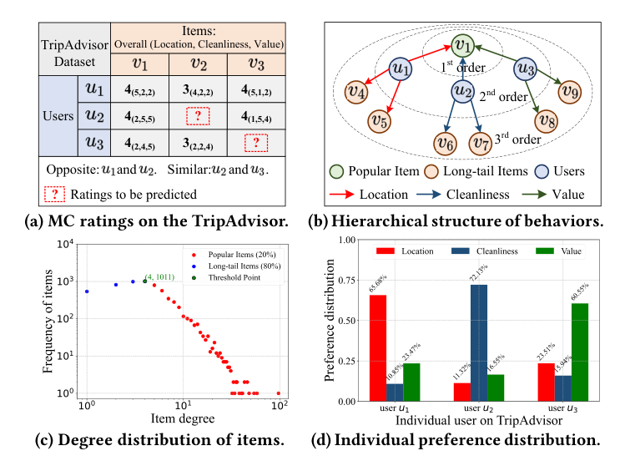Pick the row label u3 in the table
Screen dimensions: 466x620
[92, 144]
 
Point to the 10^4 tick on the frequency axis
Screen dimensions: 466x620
[70, 243]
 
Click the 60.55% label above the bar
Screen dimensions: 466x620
[559, 286]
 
